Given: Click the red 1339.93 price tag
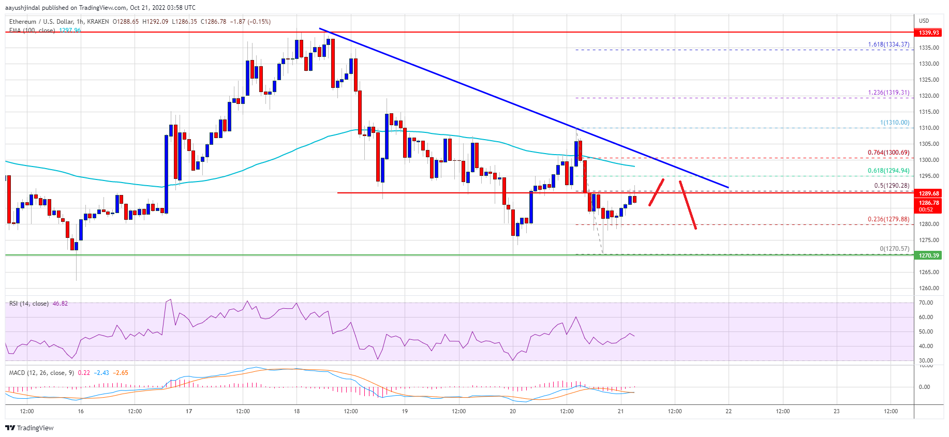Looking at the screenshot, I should [x=929, y=33].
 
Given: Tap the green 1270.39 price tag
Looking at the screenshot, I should [x=929, y=255].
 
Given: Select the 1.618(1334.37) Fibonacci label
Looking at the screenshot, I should [x=888, y=45].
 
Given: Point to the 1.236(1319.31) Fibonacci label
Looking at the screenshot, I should [x=888, y=93].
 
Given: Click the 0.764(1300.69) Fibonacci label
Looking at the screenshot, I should [x=888, y=153].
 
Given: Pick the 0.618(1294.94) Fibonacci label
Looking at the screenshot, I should [x=888, y=171].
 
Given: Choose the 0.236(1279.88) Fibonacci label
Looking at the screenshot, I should [x=888, y=219].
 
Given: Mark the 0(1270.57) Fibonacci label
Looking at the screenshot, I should [x=894, y=249].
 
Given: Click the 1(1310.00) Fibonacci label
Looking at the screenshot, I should [x=895, y=123].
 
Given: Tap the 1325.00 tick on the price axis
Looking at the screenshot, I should [x=929, y=80].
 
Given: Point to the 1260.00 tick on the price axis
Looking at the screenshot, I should [x=929, y=288].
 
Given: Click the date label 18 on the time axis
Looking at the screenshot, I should [x=296, y=412].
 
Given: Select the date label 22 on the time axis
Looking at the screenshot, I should [x=729, y=412].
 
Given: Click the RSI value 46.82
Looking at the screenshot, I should [x=61, y=304].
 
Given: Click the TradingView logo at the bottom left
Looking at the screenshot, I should [x=29, y=428].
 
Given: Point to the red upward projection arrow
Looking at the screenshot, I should [x=657, y=192].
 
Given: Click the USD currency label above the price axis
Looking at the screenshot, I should [x=924, y=21].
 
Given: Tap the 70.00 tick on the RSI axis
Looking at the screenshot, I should [x=926, y=303].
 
